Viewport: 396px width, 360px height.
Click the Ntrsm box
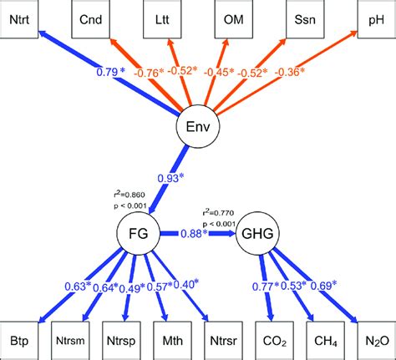pos(76,341)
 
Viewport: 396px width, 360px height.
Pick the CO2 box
pos(273,341)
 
